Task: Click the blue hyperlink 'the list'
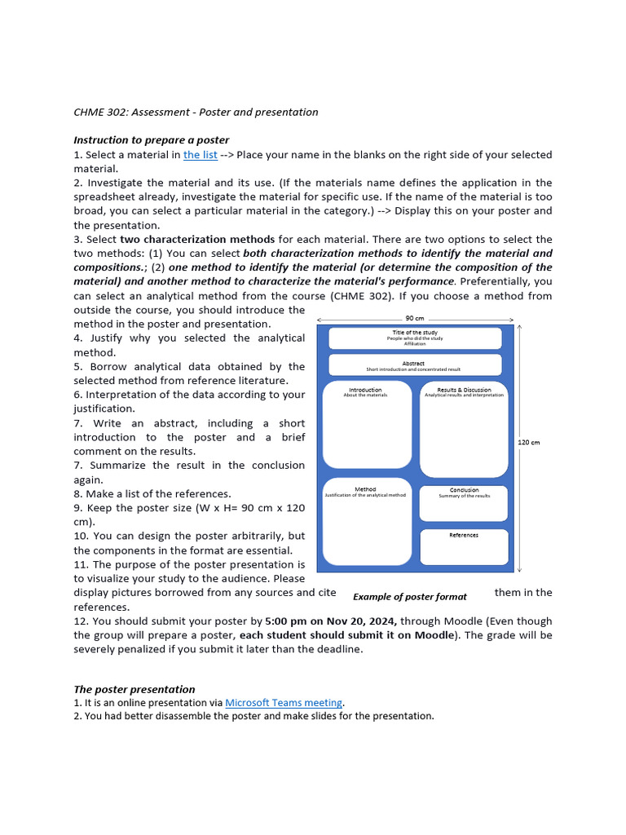tap(200, 154)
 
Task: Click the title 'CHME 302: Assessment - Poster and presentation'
tap(196, 112)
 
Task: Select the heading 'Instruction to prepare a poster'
tap(152, 140)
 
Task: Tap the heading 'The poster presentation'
tap(134, 689)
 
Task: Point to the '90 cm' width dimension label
tap(415, 319)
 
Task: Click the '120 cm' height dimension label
tap(529, 442)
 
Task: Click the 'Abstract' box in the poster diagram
tap(415, 365)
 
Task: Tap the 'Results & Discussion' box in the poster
tap(464, 429)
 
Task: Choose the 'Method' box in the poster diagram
tap(367, 522)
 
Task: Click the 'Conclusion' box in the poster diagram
tap(464, 503)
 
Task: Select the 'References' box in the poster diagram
tap(464, 546)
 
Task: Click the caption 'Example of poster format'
tap(410, 597)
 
